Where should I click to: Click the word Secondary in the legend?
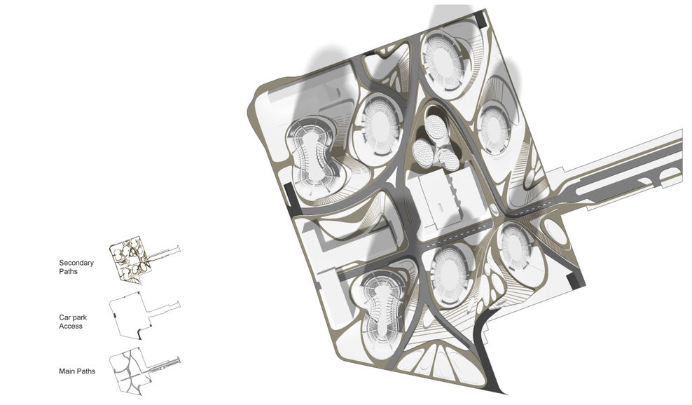coord(76,263)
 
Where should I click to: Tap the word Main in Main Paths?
coord(65,371)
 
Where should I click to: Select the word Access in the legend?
coord(71,327)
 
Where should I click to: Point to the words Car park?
coord(73,317)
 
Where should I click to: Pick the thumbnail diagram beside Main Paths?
coord(145,371)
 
